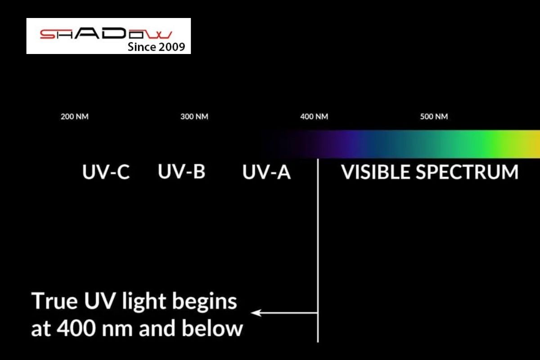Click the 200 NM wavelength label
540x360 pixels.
click(x=75, y=117)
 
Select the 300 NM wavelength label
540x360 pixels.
click(x=194, y=117)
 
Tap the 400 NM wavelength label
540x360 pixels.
click(x=314, y=117)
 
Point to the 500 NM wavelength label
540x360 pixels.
click(x=434, y=117)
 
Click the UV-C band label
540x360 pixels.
click(x=106, y=172)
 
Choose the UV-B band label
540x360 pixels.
click(x=181, y=171)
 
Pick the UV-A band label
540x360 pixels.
click(x=266, y=172)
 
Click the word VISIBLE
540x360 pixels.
click(x=376, y=172)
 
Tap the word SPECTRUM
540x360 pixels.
click(x=467, y=172)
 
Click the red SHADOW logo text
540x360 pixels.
click(x=106, y=34)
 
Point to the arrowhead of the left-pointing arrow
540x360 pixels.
click(x=256, y=313)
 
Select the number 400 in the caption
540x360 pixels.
click(x=76, y=328)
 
